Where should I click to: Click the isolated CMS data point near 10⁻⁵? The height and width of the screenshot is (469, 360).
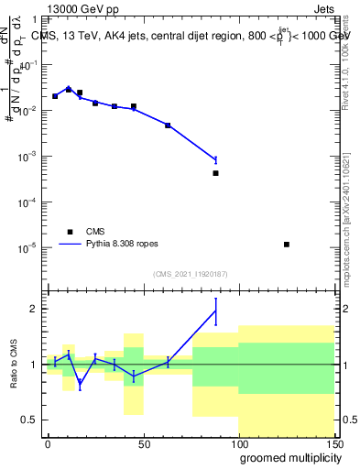[x=287, y=245]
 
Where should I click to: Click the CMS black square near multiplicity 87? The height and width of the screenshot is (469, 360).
[x=215, y=173]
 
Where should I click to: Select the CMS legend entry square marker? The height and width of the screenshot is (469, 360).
[x=69, y=232]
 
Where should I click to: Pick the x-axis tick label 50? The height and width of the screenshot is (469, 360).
[x=143, y=443]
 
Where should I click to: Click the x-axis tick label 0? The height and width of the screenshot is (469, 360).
[x=48, y=443]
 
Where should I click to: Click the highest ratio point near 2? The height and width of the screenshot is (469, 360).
[x=215, y=311]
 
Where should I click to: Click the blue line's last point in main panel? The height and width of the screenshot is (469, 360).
[x=215, y=159]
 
